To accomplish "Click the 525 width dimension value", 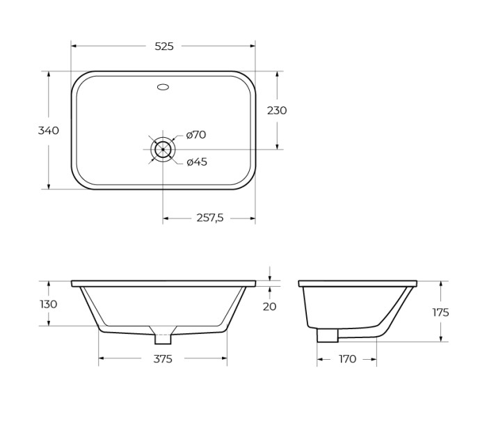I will (x=163, y=47).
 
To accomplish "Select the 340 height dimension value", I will (x=48, y=130).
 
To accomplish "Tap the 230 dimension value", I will (x=277, y=110).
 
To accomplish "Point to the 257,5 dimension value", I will (x=209, y=218).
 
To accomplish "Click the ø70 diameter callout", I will (x=195, y=135).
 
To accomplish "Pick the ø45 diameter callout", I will (x=197, y=162).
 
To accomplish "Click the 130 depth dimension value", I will (x=48, y=304).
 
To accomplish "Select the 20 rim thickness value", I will (x=270, y=306).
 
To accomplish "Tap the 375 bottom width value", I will (x=162, y=359).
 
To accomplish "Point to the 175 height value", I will (x=440, y=312).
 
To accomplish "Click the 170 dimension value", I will (x=347, y=359).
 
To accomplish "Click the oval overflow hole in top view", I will (x=163, y=87).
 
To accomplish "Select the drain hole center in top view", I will (x=163, y=149).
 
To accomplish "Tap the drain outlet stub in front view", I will (x=163, y=339).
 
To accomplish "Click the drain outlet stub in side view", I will (x=327, y=335).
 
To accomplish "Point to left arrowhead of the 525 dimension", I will (x=74, y=47).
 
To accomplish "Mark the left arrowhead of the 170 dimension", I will (x=320, y=359).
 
